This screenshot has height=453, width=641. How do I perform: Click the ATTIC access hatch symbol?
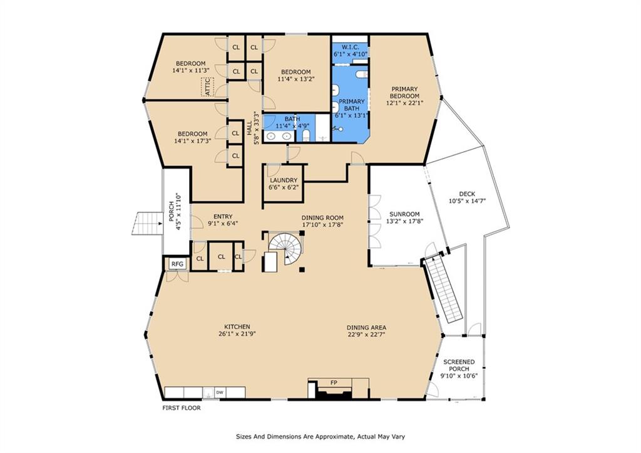207,87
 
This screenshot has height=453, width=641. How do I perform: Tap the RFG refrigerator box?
178,264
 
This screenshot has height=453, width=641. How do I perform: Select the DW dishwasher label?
220,393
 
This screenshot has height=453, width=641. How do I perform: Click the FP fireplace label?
334,382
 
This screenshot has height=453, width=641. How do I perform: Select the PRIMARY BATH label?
351,105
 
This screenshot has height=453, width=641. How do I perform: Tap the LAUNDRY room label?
284,180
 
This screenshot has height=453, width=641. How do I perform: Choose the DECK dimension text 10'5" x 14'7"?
467,201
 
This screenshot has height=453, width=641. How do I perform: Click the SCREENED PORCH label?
459,365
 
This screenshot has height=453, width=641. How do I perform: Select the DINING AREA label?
367,327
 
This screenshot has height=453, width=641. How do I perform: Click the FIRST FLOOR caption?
182,408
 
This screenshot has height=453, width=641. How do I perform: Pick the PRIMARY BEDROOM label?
405,93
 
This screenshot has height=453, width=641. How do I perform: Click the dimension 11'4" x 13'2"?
295,79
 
